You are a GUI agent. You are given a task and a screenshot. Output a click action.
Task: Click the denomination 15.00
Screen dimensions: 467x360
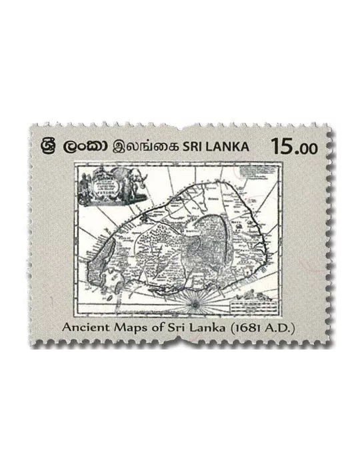pos(293,147)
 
